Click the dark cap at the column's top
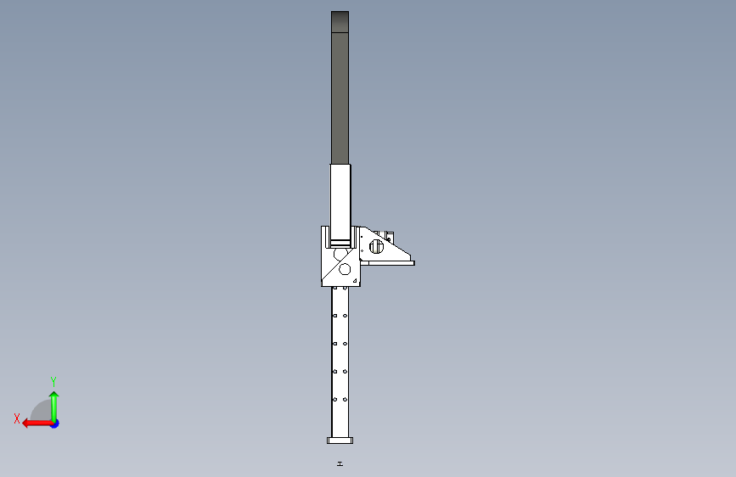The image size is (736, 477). [x=340, y=21]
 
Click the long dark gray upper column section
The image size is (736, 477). [x=340, y=98]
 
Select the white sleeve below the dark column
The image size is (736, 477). [x=340, y=202]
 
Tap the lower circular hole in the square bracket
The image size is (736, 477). [x=345, y=269]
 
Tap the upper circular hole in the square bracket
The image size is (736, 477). [x=340, y=254]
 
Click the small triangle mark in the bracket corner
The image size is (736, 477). [x=356, y=281]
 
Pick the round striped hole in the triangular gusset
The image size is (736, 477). [x=376, y=246]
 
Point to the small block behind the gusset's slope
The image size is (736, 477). [x=388, y=236]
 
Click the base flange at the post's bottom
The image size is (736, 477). [x=340, y=441]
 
